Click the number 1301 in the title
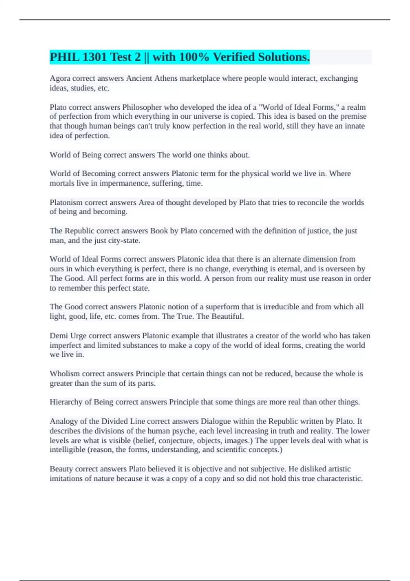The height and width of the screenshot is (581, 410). tap(94, 57)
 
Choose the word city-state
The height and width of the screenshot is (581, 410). tap(123, 241)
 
